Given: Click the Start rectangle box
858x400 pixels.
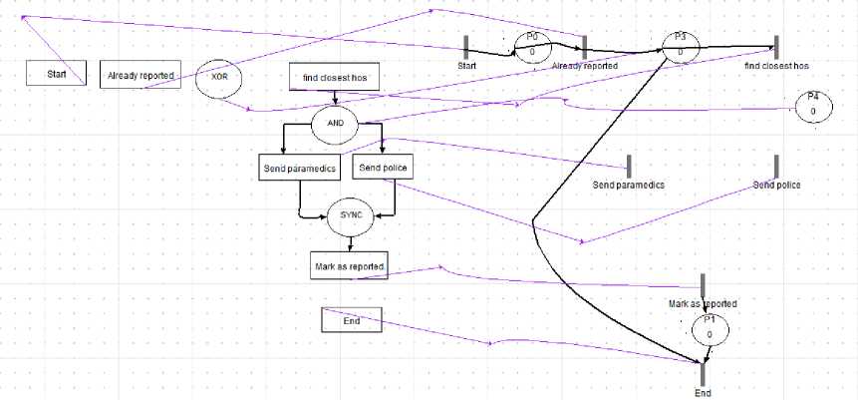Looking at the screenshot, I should tap(56, 73).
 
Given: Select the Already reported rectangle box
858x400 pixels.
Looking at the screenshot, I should tap(143, 75).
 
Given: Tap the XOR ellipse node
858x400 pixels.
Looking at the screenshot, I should tap(219, 77).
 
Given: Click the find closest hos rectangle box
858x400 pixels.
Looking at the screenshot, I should tap(335, 77).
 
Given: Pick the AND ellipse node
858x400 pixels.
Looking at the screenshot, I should tap(336, 124).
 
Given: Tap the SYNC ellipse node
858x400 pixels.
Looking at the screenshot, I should tap(352, 214).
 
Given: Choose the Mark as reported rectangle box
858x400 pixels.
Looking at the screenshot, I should tap(349, 265).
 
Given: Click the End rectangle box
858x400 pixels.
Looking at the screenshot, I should tap(351, 320).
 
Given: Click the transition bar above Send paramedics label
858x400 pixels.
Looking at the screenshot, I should tap(629, 167).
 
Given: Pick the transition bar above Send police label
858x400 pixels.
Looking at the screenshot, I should tap(776, 167).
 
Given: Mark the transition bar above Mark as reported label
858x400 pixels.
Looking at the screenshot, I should tap(703, 285).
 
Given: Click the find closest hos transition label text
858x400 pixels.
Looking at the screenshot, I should tap(776, 66).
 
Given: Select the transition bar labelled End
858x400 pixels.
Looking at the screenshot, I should tap(703, 373).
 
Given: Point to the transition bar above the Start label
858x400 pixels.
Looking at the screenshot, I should tap(465, 47).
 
